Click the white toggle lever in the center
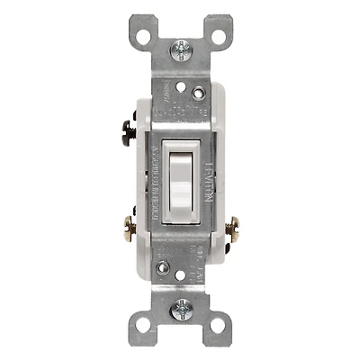tap(180, 180)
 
